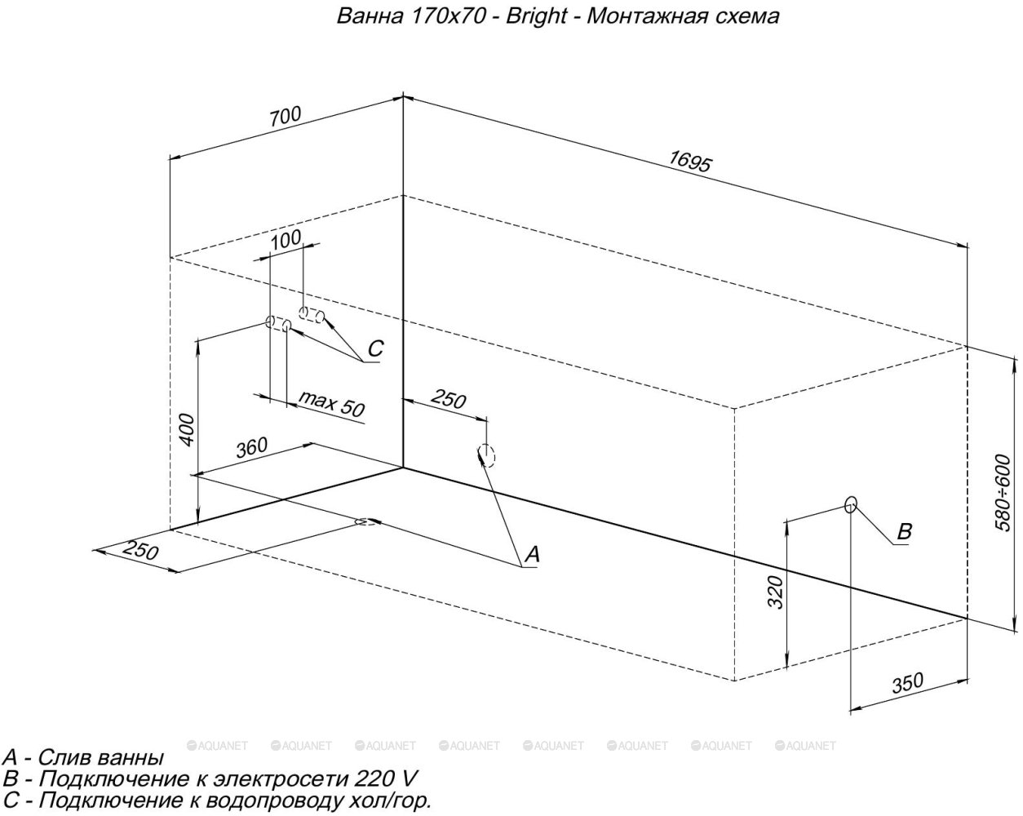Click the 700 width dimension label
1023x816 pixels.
(x=286, y=117)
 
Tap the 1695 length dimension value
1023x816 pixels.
(x=690, y=162)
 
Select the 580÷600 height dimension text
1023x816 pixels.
(x=1003, y=493)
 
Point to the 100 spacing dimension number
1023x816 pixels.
(x=286, y=240)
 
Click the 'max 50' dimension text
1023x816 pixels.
(x=332, y=404)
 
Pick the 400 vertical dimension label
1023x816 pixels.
(x=188, y=430)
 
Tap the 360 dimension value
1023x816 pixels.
(x=252, y=447)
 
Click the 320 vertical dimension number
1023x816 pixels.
(x=775, y=592)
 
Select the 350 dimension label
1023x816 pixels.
(x=907, y=683)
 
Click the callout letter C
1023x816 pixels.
(x=375, y=348)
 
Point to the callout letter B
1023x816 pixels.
(x=904, y=531)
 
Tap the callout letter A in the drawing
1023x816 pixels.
(x=532, y=554)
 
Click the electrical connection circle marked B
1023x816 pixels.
(x=851, y=504)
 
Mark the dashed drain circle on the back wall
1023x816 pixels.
(x=486, y=455)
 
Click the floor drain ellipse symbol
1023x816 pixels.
(x=366, y=521)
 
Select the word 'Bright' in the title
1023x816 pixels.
(x=536, y=16)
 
